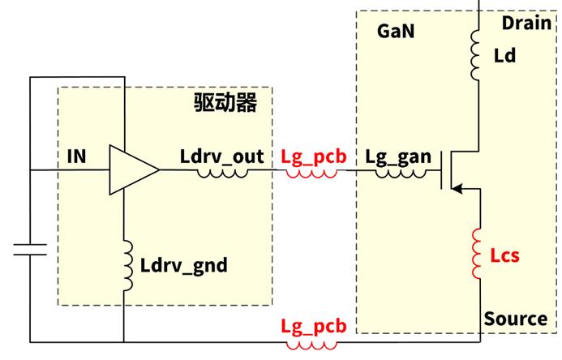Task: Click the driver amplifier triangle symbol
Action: tap(132, 170)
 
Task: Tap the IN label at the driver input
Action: tap(77, 153)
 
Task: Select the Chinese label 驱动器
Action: tap(225, 103)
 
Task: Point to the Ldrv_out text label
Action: tap(221, 155)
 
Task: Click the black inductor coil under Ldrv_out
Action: tap(221, 173)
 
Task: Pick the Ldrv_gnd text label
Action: tap(183, 265)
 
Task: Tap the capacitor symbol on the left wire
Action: tap(30, 252)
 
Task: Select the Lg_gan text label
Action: tap(397, 156)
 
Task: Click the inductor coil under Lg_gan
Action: tap(397, 173)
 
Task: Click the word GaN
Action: tap(397, 32)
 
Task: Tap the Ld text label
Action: tap(504, 55)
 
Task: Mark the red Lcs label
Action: tap(504, 256)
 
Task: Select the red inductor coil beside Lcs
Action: tap(479, 254)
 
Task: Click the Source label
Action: tap(516, 319)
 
